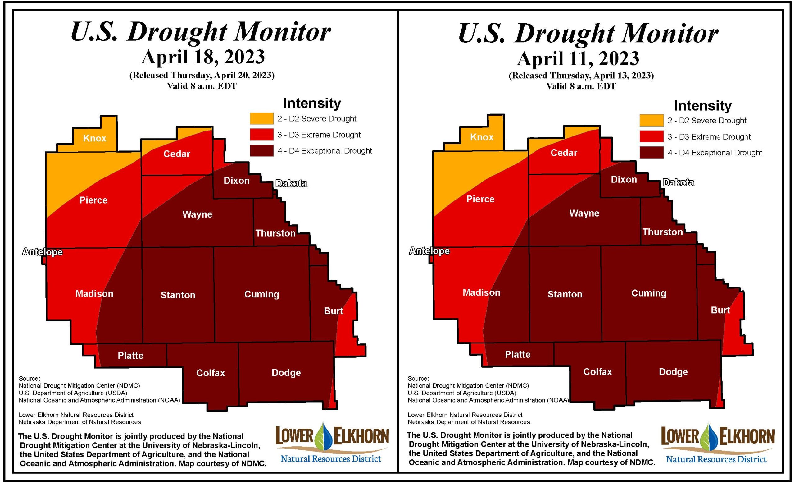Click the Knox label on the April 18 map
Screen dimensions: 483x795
tap(94, 138)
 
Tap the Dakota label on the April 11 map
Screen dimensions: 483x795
tap(678, 183)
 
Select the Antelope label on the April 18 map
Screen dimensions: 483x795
tap(42, 252)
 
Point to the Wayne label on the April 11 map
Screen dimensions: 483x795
tap(584, 214)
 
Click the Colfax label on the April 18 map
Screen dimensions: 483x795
tap(210, 373)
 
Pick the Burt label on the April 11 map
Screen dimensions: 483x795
tap(720, 310)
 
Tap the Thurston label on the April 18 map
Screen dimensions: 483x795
tap(275, 233)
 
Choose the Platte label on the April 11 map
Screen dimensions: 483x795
tap(517, 355)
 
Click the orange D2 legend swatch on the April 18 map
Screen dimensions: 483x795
tap(261, 118)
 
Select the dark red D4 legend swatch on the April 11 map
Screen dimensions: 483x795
tap(652, 153)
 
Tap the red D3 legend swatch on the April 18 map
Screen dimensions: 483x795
tap(261, 135)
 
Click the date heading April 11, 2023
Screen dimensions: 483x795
tap(578, 58)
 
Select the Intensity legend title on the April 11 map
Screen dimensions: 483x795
tap(702, 106)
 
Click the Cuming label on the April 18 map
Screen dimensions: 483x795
tap(261, 294)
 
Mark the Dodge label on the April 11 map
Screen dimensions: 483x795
tap(673, 372)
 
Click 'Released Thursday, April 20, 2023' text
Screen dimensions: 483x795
tap(202, 75)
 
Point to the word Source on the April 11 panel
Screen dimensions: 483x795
tap(417, 378)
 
